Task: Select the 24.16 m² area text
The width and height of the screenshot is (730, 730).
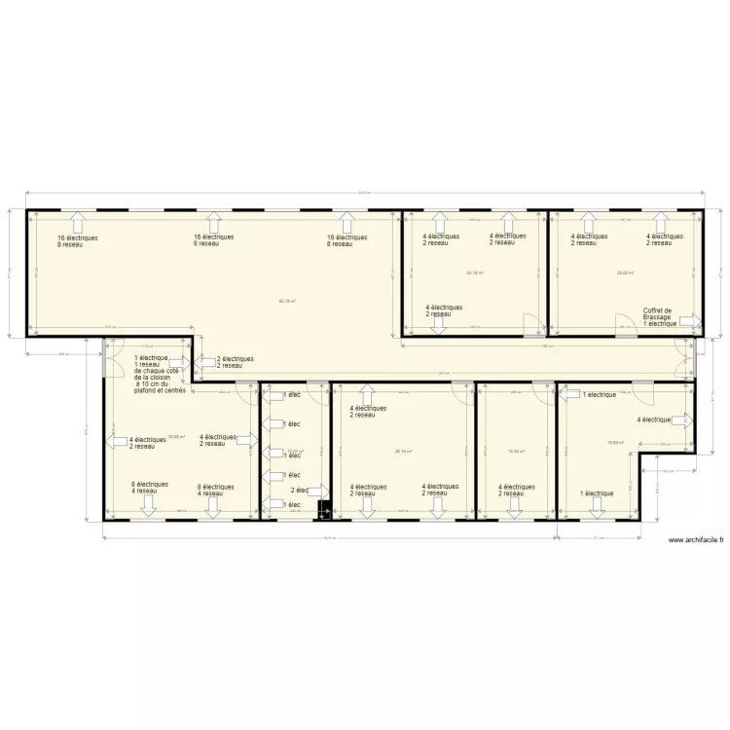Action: pyautogui.click(x=475, y=273)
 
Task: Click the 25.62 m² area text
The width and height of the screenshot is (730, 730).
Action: pyautogui.click(x=625, y=273)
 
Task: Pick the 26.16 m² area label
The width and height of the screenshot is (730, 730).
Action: pyautogui.click(x=403, y=451)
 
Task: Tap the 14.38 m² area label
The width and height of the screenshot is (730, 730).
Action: pyautogui.click(x=516, y=451)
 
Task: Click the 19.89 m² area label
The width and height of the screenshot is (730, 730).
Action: pyautogui.click(x=614, y=442)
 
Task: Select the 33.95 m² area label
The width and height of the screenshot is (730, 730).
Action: pyautogui.click(x=176, y=437)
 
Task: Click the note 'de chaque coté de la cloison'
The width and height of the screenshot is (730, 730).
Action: pyautogui.click(x=157, y=374)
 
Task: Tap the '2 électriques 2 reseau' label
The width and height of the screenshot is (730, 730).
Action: pyautogui.click(x=235, y=362)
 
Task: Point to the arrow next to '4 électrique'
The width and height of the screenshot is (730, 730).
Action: pyautogui.click(x=682, y=420)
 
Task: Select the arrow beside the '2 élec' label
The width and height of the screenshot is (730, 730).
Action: pyautogui.click(x=315, y=491)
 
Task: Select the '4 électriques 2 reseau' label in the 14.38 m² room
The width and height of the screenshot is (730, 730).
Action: pyautogui.click(x=516, y=490)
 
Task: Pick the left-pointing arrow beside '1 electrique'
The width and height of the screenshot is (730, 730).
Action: pyautogui.click(x=569, y=395)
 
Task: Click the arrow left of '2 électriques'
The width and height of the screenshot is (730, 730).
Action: pyautogui.click(x=206, y=362)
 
